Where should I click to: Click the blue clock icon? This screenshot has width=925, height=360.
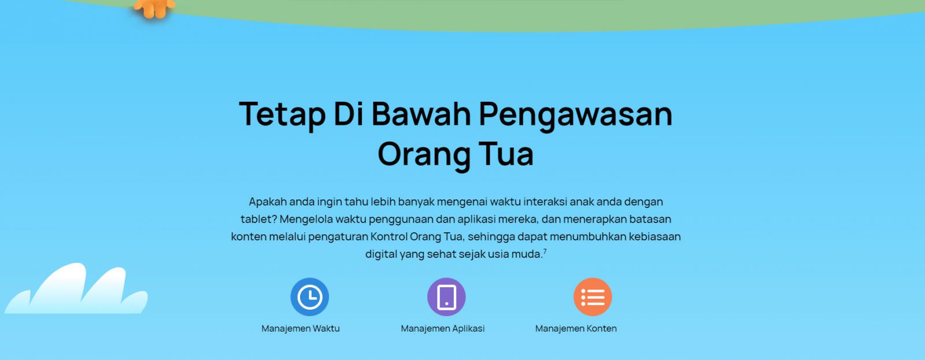point(310,297)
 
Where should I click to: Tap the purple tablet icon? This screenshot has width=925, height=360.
point(446,297)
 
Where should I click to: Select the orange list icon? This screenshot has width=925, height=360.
point(593,297)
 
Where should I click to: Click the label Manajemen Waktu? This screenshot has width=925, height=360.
point(301,329)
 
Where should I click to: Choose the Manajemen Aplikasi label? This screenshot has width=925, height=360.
point(443,329)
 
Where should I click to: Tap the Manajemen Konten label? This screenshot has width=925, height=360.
point(576,329)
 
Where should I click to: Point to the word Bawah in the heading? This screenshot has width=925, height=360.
point(421,113)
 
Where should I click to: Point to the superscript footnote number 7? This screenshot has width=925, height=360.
point(545,251)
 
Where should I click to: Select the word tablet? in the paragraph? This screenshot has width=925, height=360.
point(259,219)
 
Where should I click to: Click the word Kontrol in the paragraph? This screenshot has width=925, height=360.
point(388,236)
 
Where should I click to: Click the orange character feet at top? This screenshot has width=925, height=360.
point(154,8)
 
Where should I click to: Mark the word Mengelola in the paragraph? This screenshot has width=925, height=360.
point(306,219)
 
